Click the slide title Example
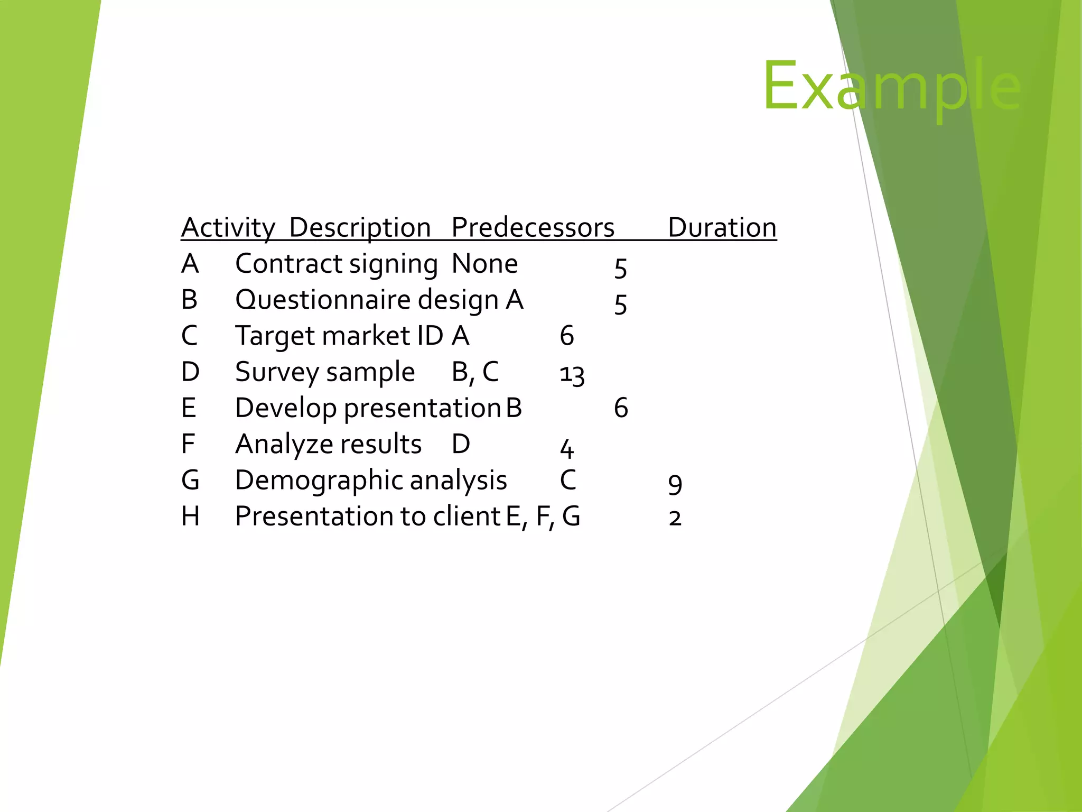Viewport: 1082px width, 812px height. point(892,86)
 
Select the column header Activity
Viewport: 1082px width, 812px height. point(228,228)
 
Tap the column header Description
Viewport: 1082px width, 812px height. point(360,228)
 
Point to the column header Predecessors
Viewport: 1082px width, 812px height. point(533,228)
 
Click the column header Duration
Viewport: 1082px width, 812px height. point(722,228)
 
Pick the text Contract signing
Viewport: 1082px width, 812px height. point(336,264)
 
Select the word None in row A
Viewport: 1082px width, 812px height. point(484,264)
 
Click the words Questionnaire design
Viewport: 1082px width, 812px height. point(367,300)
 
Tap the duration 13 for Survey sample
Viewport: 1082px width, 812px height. point(572,375)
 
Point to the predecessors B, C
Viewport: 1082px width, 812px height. point(475,372)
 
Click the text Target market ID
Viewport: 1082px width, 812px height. point(339,336)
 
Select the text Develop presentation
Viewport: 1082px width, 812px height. point(368,408)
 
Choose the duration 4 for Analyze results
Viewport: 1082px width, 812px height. point(566,448)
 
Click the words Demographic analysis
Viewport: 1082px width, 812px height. point(371,480)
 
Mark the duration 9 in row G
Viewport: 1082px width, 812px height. point(675,484)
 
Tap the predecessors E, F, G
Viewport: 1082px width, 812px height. point(543,516)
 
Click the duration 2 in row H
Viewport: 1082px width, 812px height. point(675,518)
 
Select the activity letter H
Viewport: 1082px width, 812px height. point(190,516)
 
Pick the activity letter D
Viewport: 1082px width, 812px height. point(190,372)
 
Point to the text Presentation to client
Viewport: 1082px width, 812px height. point(368,516)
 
